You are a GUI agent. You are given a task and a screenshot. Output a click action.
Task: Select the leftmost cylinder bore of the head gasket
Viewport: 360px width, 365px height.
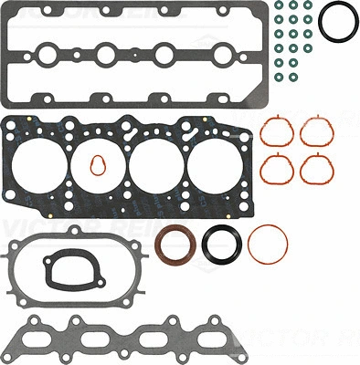tap(42, 168)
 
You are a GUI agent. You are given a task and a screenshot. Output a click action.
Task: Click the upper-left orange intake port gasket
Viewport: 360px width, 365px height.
tap(277, 134)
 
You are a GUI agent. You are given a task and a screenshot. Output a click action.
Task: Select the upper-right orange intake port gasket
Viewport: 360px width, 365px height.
tap(316, 134)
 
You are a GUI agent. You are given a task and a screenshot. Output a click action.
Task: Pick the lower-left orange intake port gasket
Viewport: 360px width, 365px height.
tap(277, 168)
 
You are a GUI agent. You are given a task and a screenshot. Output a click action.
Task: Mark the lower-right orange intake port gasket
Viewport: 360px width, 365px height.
tap(316, 168)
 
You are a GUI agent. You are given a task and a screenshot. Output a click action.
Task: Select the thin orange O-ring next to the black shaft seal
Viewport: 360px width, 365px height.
tap(268, 242)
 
